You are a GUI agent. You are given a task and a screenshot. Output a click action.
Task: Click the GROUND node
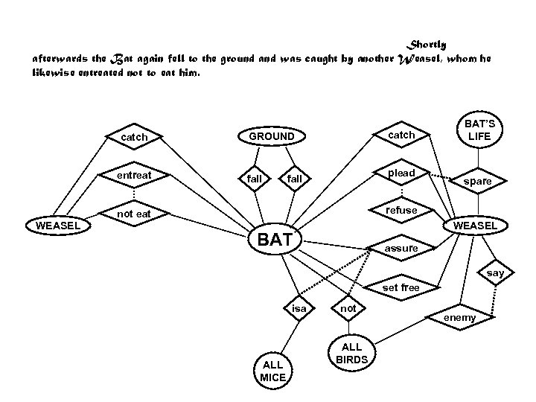click(x=271, y=136)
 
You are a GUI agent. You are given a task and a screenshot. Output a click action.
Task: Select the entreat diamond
click(x=134, y=175)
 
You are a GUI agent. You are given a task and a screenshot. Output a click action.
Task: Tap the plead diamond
click(x=401, y=173)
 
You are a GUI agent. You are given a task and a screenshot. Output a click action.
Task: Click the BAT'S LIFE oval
click(x=479, y=130)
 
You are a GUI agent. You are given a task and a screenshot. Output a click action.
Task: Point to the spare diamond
click(x=477, y=181)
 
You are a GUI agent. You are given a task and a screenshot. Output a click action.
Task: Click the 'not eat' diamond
click(x=134, y=214)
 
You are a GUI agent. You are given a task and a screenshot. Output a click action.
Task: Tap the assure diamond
click(x=401, y=248)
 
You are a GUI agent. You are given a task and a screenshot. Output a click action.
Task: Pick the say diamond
click(x=495, y=273)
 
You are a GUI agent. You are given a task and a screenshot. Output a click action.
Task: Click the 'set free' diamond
click(x=401, y=287)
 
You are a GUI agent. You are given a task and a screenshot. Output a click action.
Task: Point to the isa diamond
click(x=299, y=307)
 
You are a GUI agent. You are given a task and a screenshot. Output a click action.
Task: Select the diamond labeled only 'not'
click(x=347, y=307)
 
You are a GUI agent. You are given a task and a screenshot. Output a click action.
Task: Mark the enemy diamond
click(x=459, y=318)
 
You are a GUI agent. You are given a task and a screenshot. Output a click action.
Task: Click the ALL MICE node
click(x=272, y=371)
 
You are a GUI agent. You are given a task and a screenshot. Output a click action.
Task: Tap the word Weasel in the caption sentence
click(x=423, y=58)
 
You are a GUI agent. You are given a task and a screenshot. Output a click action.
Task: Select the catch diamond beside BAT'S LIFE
click(x=401, y=135)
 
